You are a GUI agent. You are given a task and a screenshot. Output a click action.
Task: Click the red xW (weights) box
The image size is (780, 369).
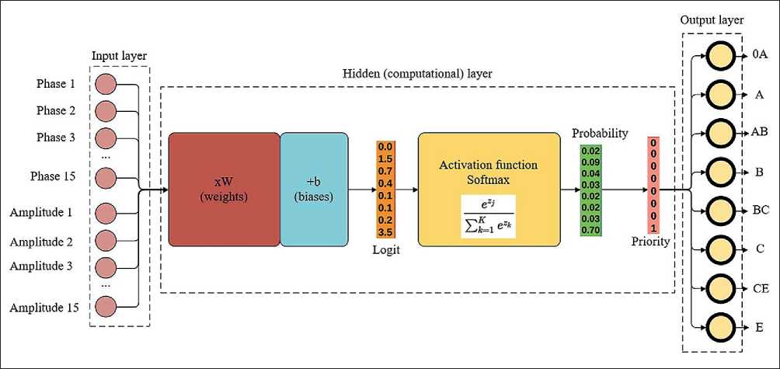[x=224, y=189]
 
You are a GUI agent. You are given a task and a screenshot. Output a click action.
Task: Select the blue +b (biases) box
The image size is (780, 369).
[x=315, y=189]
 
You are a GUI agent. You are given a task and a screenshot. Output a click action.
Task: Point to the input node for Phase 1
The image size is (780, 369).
[x=106, y=84]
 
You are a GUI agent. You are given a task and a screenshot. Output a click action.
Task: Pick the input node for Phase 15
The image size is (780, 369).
[x=106, y=177]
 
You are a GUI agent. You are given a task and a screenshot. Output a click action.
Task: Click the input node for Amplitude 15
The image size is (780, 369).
[x=106, y=307]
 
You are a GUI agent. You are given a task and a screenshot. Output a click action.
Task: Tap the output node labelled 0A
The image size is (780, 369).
[x=719, y=56]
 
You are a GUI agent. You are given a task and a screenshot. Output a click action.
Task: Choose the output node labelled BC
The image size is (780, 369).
[x=719, y=211]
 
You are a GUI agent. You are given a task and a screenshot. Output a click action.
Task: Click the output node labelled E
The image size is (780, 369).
[x=719, y=328]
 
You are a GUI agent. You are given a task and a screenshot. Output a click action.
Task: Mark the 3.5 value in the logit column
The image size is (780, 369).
[x=385, y=231]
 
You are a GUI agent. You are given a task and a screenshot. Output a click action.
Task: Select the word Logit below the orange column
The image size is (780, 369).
[x=386, y=249]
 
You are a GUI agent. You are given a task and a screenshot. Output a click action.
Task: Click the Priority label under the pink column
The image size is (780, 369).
[x=650, y=242]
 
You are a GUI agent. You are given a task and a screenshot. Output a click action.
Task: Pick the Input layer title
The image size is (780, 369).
[x=119, y=56]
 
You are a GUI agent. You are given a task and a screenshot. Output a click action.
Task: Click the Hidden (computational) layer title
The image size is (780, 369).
[x=417, y=73]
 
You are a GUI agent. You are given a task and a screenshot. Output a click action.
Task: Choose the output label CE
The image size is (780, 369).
[x=760, y=288]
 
